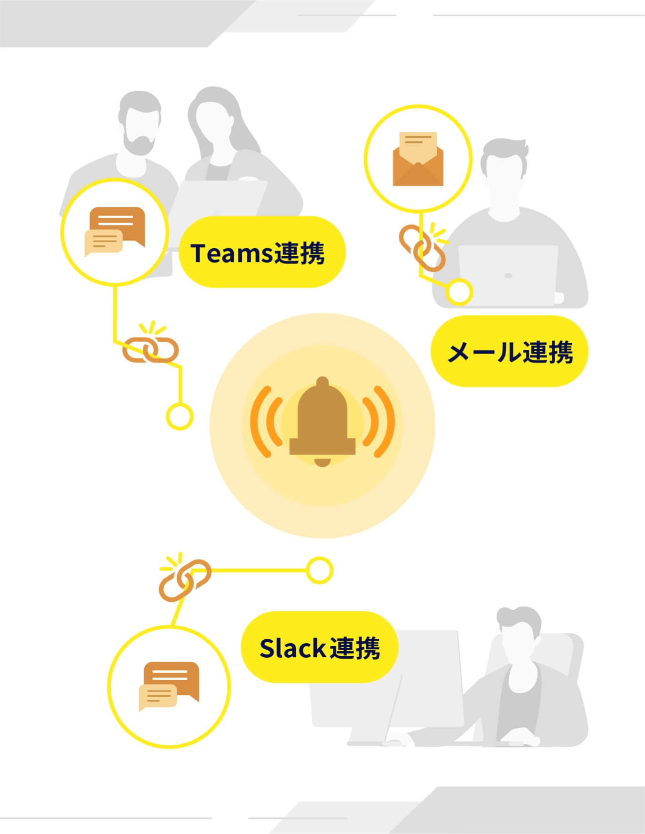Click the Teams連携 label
coord(262,252)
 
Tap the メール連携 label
coord(510,351)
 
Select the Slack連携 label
coord(319,647)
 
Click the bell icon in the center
coord(322,422)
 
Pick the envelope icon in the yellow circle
coord(418,159)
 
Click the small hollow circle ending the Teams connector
coord(180,417)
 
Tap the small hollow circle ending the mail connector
coord(459,291)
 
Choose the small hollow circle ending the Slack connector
coord(320,570)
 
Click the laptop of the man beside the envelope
coord(508,275)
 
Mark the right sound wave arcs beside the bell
coord(379,421)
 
